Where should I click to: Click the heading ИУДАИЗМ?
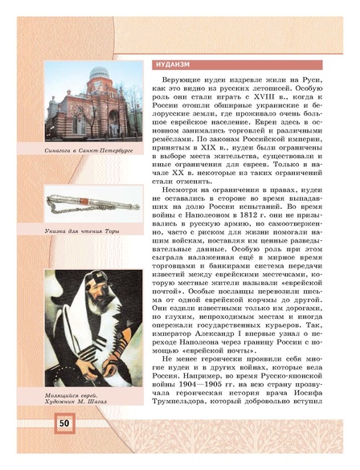click(172, 64)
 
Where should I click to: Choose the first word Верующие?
click(186, 84)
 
